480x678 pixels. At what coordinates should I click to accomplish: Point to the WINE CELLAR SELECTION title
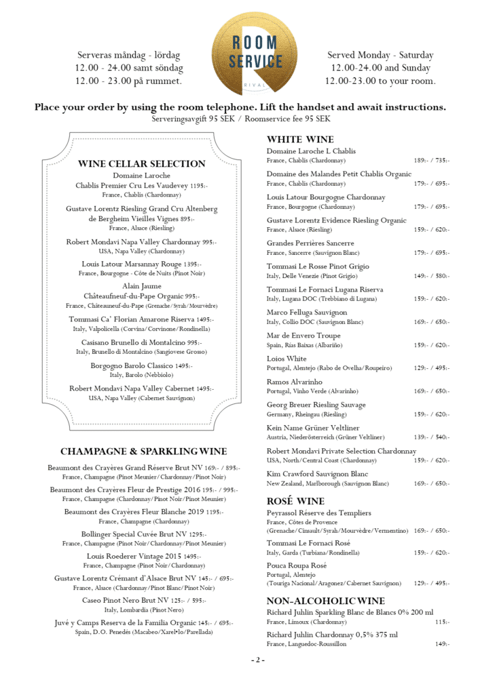[142, 163]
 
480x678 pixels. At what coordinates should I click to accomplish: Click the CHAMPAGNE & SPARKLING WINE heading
[143, 451]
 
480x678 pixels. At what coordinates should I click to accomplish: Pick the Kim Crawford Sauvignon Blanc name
[317, 474]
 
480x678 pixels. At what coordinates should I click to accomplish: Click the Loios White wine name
[287, 359]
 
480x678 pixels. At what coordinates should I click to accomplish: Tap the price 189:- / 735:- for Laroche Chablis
[431, 161]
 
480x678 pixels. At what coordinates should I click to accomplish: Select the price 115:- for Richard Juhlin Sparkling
[442, 622]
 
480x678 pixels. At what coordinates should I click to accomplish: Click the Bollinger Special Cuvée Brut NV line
[143, 534]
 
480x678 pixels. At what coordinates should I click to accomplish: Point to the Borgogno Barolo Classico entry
[141, 365]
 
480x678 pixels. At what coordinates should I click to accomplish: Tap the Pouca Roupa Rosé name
[297, 565]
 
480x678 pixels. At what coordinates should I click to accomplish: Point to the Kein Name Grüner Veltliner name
[313, 428]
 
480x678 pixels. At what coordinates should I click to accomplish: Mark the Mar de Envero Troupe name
[303, 336]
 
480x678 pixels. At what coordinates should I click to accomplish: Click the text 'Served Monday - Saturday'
[380, 55]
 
